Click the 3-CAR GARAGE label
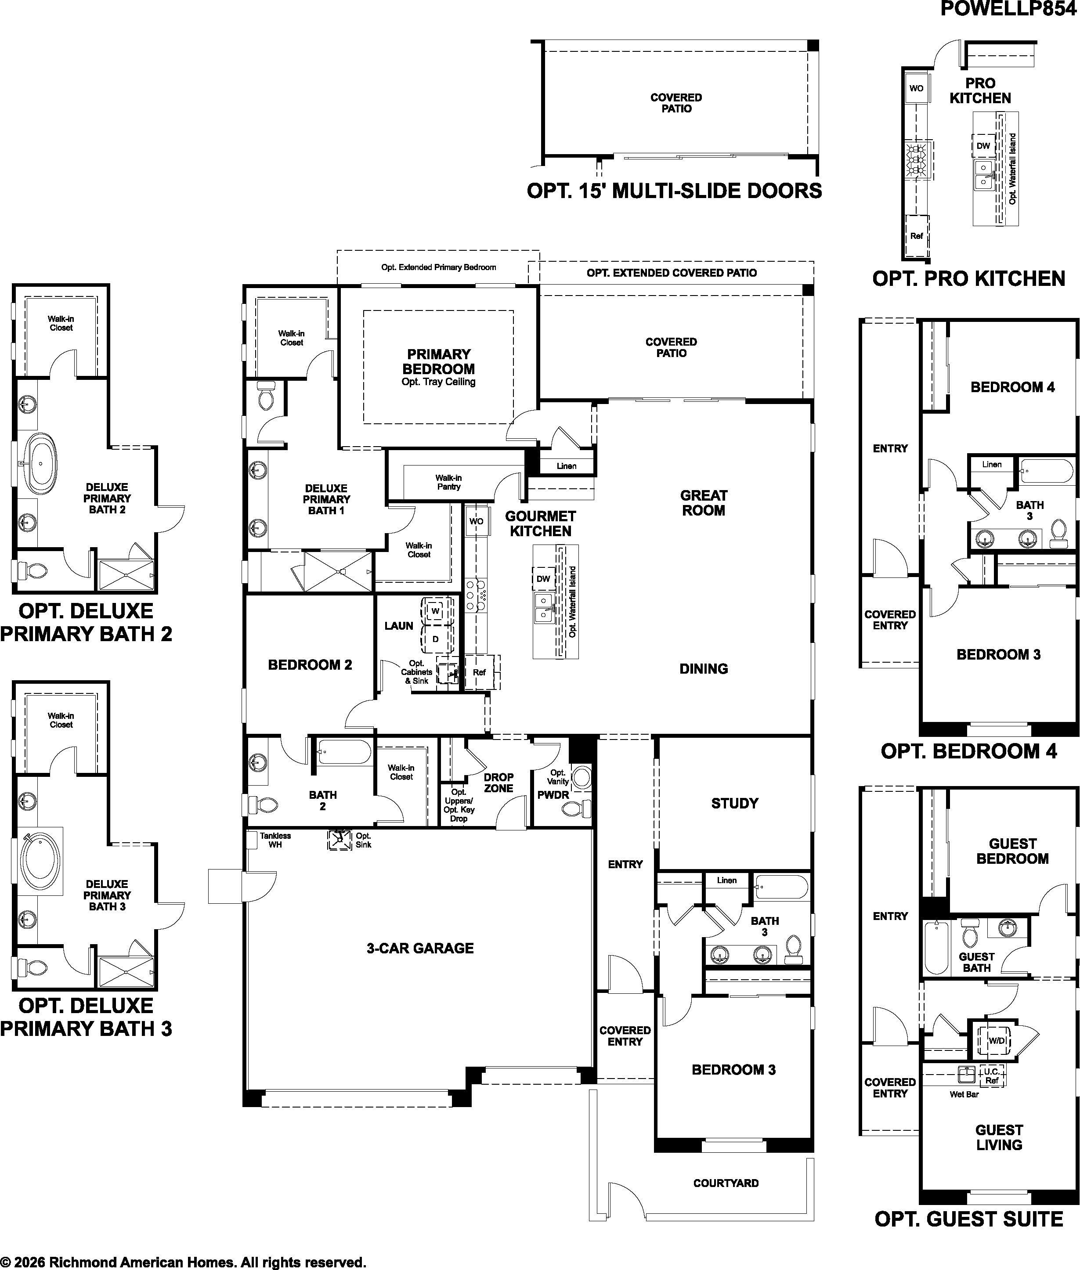click(x=420, y=949)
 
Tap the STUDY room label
click(x=735, y=803)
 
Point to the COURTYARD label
click(x=726, y=1183)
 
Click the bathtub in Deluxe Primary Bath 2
click(x=41, y=463)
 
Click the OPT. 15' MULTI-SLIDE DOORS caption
click(x=674, y=191)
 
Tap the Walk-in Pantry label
click(x=449, y=482)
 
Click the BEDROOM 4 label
click(x=1013, y=387)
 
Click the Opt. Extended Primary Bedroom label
click(x=438, y=267)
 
